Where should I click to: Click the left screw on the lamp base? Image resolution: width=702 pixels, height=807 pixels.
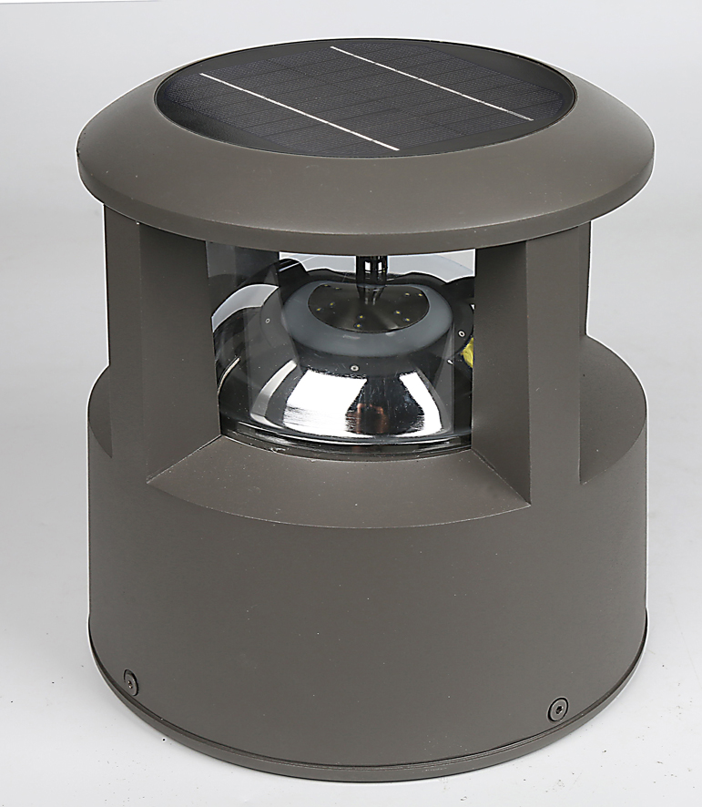pos(131,678)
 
